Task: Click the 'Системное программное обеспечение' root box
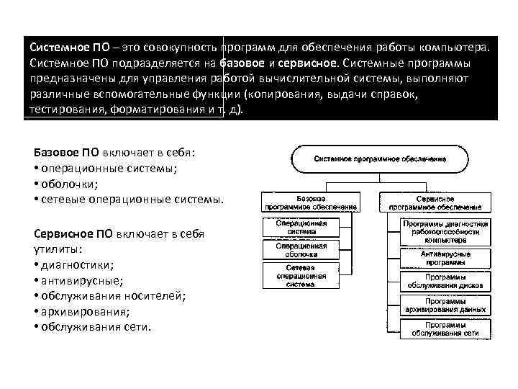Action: [379, 158]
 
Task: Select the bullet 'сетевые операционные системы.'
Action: [129, 199]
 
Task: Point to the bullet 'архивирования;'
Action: [83, 311]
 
